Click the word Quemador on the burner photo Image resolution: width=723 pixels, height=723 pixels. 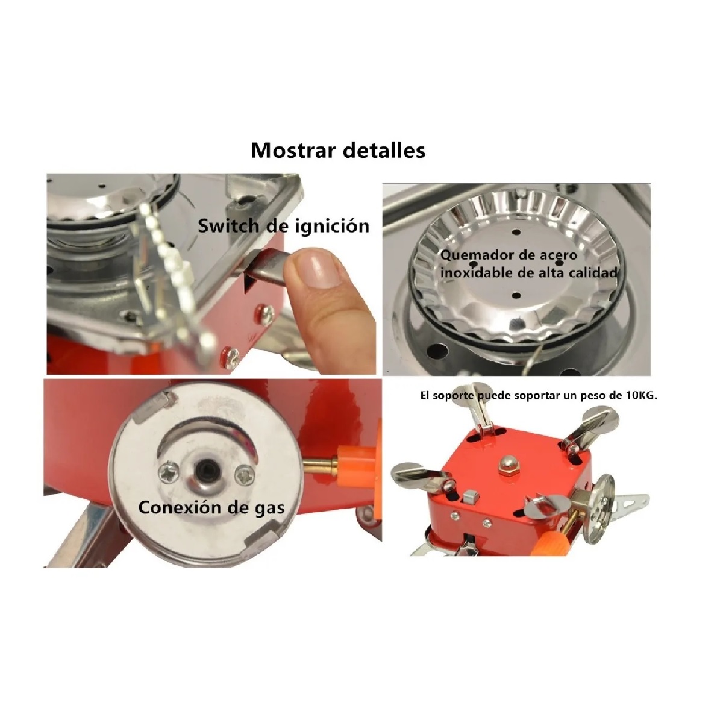(x=472, y=255)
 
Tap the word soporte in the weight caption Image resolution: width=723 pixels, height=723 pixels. (x=455, y=396)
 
